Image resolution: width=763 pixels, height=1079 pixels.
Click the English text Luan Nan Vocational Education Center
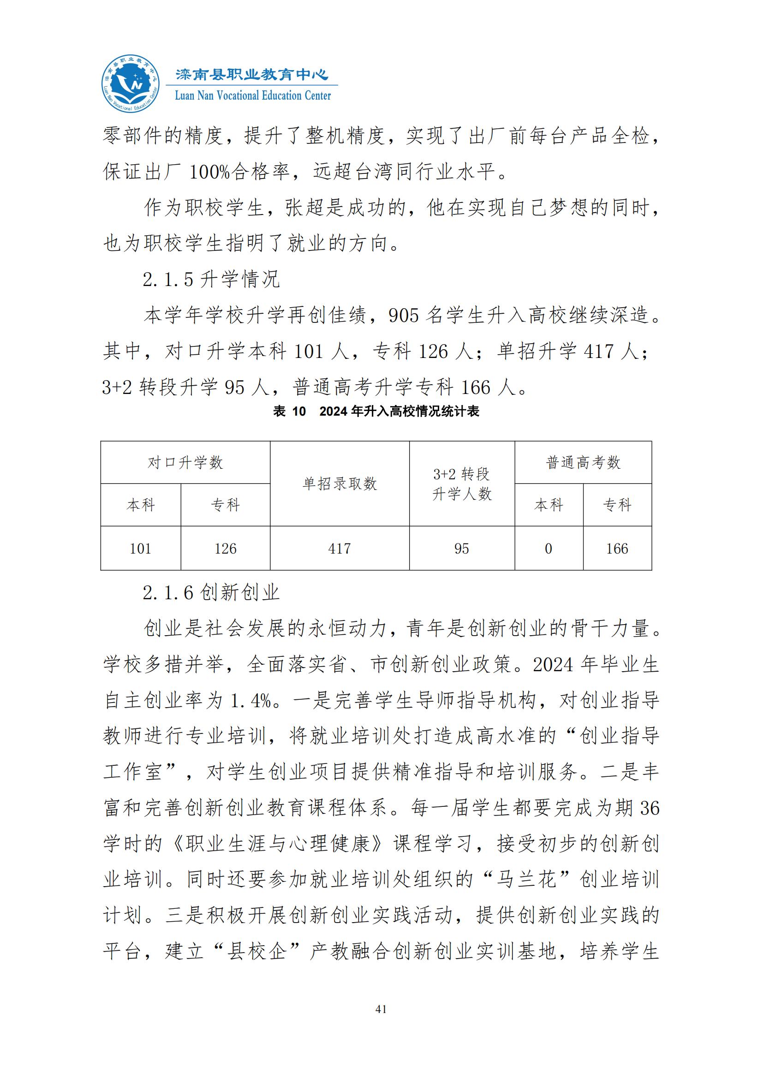[x=253, y=96]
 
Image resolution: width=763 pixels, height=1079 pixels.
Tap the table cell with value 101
[x=141, y=548]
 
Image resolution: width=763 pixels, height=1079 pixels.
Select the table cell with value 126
[x=226, y=548]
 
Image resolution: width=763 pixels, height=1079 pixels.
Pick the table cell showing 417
[x=339, y=548]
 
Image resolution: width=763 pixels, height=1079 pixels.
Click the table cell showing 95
[x=461, y=548]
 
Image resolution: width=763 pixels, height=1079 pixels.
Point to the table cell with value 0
[x=548, y=548]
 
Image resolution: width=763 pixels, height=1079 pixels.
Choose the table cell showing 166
[x=617, y=548]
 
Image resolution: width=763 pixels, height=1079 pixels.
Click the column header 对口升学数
[x=185, y=463]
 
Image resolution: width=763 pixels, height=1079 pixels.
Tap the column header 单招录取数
[x=339, y=483]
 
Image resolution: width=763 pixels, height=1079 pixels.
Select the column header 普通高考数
[x=583, y=463]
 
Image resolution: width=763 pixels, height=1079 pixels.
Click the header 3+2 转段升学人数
[x=461, y=483]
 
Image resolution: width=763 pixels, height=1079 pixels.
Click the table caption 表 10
[x=289, y=411]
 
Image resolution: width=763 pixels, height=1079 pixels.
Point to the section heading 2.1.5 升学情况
[x=211, y=280]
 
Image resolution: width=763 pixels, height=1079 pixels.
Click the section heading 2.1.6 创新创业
[x=211, y=593]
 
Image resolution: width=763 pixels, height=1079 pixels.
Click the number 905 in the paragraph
[x=404, y=316]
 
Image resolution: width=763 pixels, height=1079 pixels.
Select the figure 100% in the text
[x=209, y=173]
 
